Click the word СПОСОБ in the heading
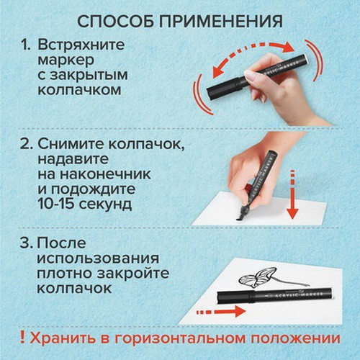[116, 22]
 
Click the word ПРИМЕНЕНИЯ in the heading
[221, 22]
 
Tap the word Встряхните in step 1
[81, 45]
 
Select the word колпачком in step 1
[79, 91]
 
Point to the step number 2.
[26, 144]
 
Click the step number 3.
[26, 243]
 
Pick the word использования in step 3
[98, 258]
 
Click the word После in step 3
[62, 243]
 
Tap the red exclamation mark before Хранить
[23, 338]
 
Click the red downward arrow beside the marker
[292, 195]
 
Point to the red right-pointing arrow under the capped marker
[221, 312]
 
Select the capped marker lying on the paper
[275, 296]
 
